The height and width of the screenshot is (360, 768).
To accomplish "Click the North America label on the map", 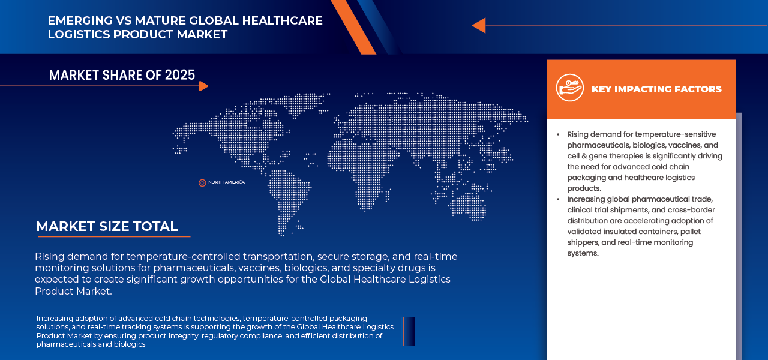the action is pos(227,182).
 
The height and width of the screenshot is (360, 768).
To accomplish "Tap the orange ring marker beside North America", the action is pos(202,183).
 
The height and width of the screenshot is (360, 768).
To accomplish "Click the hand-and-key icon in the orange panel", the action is pos(570,88).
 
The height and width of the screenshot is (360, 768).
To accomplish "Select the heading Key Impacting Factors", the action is pos(656,89).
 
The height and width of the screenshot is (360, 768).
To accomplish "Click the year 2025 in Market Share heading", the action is pos(180,75).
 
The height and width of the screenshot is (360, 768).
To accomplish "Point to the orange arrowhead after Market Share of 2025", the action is pos(203,86).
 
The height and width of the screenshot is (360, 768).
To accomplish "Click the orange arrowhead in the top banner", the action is pos(479,25).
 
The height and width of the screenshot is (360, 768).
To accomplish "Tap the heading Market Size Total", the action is pos(107,226).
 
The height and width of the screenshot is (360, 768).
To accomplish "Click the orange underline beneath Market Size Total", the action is pos(114,236).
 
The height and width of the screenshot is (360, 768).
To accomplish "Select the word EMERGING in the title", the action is pos(80,20).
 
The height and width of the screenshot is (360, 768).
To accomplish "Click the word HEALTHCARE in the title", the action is pos(282,20).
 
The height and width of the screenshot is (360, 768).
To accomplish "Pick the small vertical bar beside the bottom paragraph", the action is pos(409,331).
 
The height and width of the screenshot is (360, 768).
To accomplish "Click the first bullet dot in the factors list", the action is pos(558,134).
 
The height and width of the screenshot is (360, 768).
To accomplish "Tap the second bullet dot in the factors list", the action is pos(558,199).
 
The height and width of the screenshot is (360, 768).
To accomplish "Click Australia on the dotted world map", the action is pos(467,206).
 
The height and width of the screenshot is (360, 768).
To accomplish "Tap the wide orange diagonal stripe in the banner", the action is pos(353,27).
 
